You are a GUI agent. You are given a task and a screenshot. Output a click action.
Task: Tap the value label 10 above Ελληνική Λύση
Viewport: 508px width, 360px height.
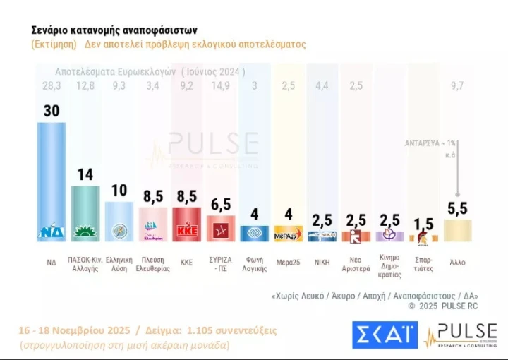119,191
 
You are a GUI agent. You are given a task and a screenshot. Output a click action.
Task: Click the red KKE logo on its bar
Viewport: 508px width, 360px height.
187,230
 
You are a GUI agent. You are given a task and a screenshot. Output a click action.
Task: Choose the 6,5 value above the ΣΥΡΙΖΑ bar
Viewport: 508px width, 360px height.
221,205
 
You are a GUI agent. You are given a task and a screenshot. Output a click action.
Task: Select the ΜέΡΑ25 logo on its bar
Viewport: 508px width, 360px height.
289,234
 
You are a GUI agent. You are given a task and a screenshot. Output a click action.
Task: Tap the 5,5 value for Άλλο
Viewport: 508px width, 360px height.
458,208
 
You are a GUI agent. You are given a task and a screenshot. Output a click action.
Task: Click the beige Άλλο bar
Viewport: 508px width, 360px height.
458,231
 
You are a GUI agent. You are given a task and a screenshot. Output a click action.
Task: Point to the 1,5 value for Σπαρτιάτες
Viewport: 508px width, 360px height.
424,224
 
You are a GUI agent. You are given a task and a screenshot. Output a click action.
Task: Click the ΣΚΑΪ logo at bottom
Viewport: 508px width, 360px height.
385,335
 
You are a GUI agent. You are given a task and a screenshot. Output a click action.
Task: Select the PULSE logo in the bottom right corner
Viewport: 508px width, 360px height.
459,335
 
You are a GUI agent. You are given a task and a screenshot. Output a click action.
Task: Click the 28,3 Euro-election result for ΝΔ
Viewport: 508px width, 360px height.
52,86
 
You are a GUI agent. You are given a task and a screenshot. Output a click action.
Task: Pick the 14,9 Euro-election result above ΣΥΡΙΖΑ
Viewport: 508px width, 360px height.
221,86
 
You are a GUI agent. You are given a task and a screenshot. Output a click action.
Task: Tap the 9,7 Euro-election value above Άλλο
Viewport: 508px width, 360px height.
458,86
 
